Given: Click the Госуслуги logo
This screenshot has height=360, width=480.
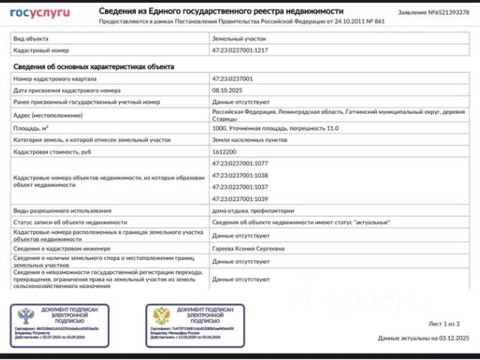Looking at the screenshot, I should click(x=40, y=13).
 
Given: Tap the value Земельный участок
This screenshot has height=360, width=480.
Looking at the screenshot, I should click(x=238, y=37).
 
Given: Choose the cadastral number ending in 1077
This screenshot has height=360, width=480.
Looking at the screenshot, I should click(x=239, y=163).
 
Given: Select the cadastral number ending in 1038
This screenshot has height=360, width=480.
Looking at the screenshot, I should click(x=239, y=175).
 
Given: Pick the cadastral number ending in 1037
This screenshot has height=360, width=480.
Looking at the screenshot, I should click(x=239, y=187).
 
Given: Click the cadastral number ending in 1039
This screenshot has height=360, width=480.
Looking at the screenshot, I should click(x=239, y=199).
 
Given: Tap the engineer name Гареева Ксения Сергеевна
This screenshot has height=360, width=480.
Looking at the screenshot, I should click(x=250, y=248).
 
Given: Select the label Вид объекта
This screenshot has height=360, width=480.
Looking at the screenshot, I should click(x=31, y=37).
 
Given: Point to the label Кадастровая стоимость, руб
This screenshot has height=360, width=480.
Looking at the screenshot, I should click(x=52, y=151).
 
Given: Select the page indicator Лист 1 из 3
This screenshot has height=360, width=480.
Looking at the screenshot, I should click(x=444, y=324).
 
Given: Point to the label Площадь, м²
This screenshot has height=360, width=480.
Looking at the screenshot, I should click(x=34, y=128).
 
